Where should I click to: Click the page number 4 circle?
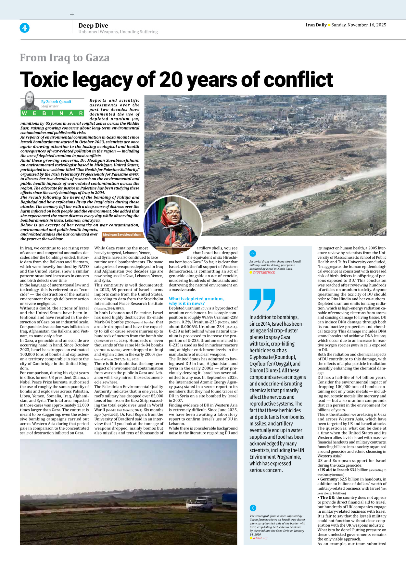[x=24, y=28]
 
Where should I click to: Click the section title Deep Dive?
[x=93, y=26]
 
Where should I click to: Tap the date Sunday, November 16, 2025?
[x=359, y=25]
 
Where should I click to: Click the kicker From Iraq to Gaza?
[x=65, y=58]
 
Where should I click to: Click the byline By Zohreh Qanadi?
[x=56, y=102]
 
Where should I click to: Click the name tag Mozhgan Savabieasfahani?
[x=122, y=234]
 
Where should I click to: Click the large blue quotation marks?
[x=262, y=299]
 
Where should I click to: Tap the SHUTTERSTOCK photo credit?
[x=264, y=273]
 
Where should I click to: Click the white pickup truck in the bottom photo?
[x=199, y=504]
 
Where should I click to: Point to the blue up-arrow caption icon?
[x=253, y=254]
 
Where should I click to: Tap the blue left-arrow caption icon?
[x=253, y=508]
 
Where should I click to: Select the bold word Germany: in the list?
[x=329, y=479]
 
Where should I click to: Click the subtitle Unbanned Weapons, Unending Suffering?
[x=118, y=32]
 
